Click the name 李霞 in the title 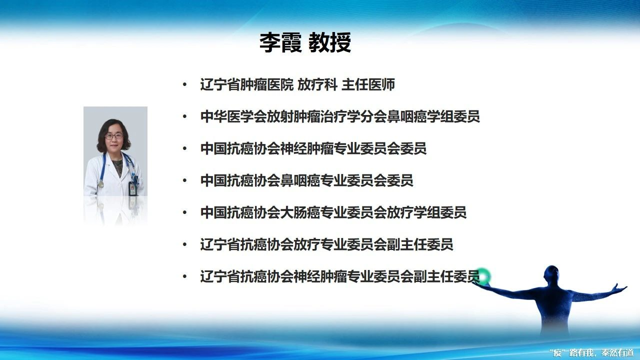[280, 42]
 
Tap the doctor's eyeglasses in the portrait [114, 136]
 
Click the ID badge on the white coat [132, 188]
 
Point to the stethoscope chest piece [100, 184]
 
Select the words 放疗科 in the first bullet [317, 84]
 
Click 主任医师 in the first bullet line [368, 84]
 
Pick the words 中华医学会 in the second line [233, 116]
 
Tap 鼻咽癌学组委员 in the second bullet [433, 116]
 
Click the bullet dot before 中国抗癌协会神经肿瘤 [185, 148]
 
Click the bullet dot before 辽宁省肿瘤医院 [185, 84]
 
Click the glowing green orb [483, 276]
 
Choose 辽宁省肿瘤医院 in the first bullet [247, 84]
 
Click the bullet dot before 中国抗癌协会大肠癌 [185, 212]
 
